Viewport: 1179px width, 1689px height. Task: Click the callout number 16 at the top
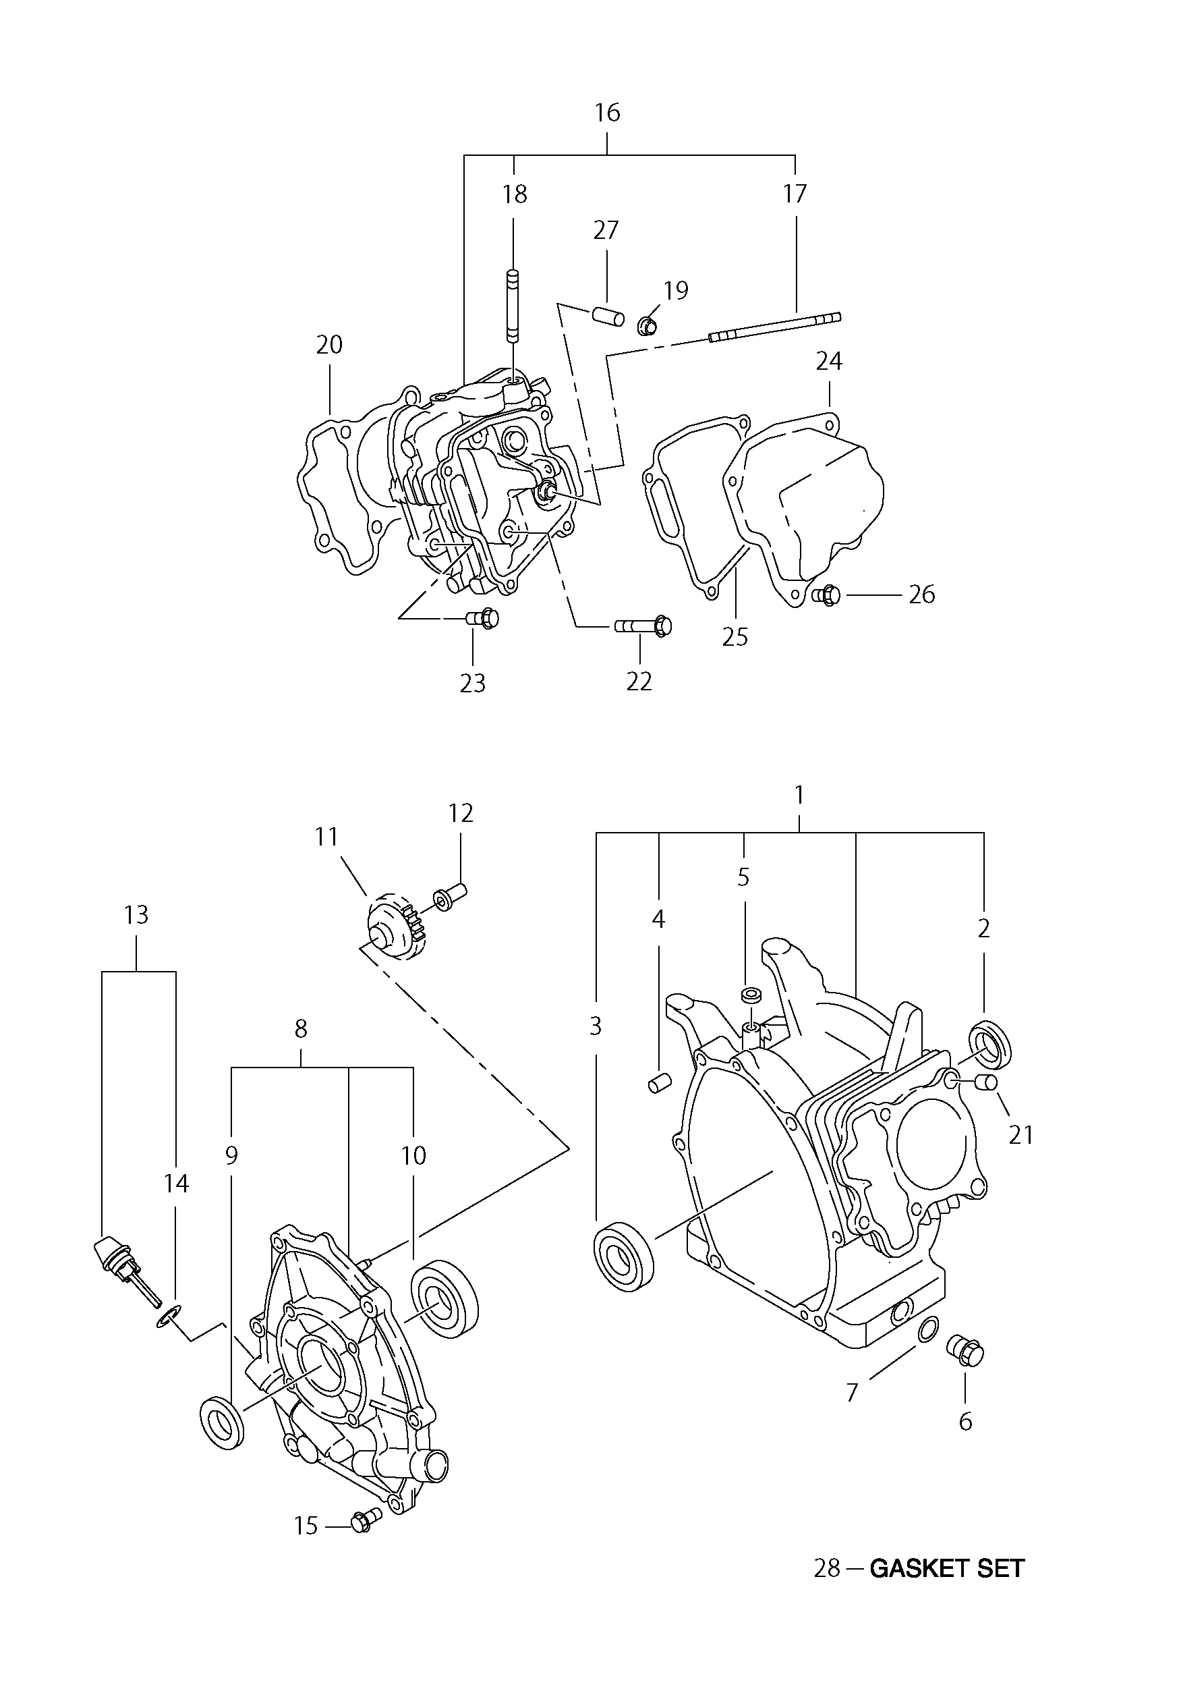tap(608, 113)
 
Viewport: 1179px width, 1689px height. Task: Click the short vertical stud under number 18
tap(513, 306)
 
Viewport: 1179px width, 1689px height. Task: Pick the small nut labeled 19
tap(648, 324)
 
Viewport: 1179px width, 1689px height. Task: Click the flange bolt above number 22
tap(643, 626)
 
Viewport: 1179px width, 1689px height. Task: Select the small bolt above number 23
tap(482, 619)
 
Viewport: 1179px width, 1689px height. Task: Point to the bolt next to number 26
tap(827, 594)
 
